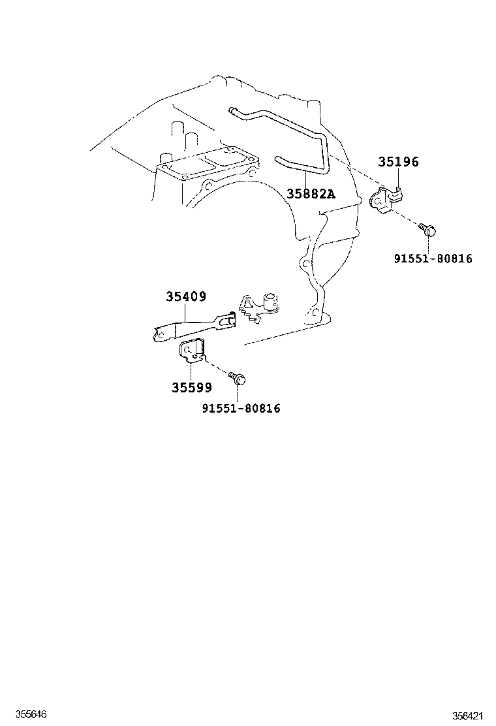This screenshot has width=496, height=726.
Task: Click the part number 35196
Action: pyautogui.click(x=397, y=163)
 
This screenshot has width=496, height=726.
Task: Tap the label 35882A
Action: pyautogui.click(x=311, y=193)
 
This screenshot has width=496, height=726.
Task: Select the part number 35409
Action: pyautogui.click(x=185, y=297)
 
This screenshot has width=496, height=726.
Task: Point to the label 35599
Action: pyautogui.click(x=192, y=388)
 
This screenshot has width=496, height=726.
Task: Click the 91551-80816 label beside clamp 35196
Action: pyautogui.click(x=433, y=259)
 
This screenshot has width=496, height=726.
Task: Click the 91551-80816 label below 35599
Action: pyautogui.click(x=241, y=408)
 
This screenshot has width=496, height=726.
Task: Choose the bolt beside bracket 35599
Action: pyautogui.click(x=237, y=377)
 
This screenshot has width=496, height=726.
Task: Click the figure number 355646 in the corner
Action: pyautogui.click(x=18, y=715)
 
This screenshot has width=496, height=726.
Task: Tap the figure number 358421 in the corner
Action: pyautogui.click(x=469, y=716)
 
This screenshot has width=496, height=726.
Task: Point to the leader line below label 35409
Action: pyautogui.click(x=187, y=313)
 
